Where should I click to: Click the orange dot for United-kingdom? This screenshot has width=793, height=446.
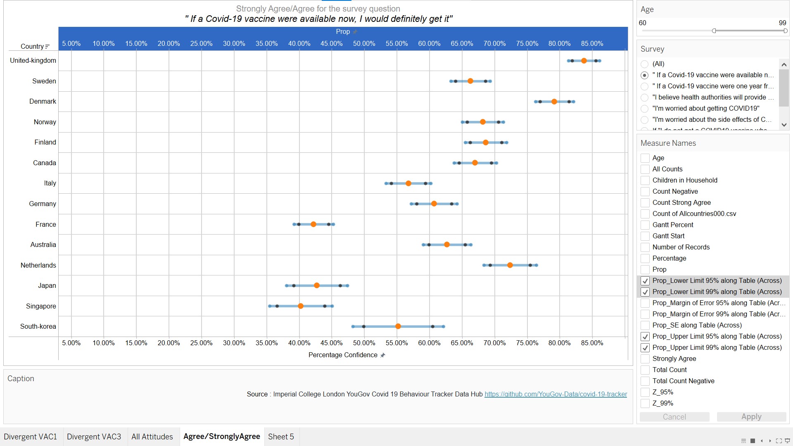(584, 61)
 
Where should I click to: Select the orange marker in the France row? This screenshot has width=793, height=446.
(313, 224)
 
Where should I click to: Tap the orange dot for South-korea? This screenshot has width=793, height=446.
(398, 326)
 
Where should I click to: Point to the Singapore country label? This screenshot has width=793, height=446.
(41, 306)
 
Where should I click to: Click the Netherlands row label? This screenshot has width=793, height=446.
(38, 265)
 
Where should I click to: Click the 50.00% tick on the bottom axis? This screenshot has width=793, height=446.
(364, 343)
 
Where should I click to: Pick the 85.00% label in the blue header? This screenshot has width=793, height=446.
(592, 43)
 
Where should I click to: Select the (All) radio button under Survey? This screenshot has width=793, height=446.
(644, 64)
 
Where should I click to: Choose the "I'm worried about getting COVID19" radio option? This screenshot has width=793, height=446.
(644, 109)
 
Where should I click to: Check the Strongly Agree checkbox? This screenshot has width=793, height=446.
(645, 359)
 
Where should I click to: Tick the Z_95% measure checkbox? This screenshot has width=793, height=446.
(645, 392)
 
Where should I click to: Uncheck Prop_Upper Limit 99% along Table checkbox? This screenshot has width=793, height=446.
(645, 348)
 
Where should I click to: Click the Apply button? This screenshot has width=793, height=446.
(751, 417)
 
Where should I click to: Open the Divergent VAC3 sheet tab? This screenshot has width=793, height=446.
(94, 437)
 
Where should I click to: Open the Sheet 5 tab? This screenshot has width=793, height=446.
(281, 437)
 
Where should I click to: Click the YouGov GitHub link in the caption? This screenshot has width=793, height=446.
(556, 394)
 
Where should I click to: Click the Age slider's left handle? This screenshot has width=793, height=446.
(714, 31)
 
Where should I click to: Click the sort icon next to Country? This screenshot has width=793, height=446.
(47, 47)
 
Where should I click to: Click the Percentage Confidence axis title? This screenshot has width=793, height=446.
(343, 355)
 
